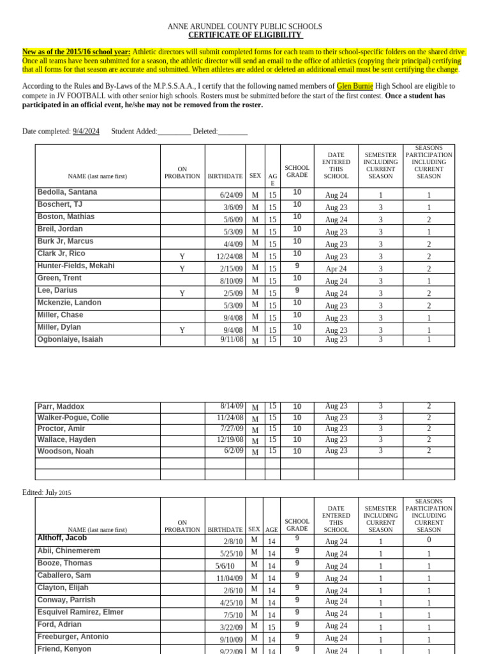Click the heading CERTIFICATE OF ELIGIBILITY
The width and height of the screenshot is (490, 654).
pyautogui.click(x=244, y=35)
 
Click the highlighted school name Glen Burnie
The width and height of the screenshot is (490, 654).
pyautogui.click(x=355, y=86)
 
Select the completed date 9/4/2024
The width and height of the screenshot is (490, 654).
pyautogui.click(x=86, y=132)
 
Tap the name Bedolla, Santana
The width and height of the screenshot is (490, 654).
pyautogui.click(x=67, y=192)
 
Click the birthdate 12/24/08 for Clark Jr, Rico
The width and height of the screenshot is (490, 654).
pyautogui.click(x=229, y=257)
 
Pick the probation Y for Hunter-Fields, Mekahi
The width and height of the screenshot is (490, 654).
pyautogui.click(x=182, y=269)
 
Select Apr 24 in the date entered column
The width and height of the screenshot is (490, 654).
pyautogui.click(x=336, y=269)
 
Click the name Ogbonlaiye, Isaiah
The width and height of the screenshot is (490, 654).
pyautogui.click(x=70, y=340)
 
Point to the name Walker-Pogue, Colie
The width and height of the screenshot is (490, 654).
pyautogui.click(x=73, y=418)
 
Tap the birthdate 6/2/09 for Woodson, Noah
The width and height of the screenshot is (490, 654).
pyautogui.click(x=234, y=451)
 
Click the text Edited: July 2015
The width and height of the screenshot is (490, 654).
pyautogui.click(x=47, y=493)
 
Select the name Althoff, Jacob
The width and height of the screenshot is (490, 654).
pyautogui.click(x=62, y=538)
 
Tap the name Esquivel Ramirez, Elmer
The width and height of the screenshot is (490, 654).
pyautogui.click(x=80, y=612)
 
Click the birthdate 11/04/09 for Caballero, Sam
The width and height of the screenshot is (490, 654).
pyautogui.click(x=229, y=579)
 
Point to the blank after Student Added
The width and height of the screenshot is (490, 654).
pyautogui.click(x=174, y=132)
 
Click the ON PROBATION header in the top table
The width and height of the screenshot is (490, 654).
pyautogui.click(x=182, y=172)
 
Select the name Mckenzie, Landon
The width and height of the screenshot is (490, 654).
pyautogui.click(x=69, y=303)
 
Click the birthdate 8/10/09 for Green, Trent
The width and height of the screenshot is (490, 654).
pyautogui.click(x=231, y=281)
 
